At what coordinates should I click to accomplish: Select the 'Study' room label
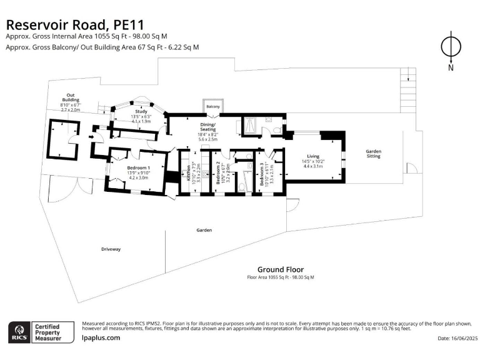pos(140,111)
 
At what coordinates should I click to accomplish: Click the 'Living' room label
pos(313,156)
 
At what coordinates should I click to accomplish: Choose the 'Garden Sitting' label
pos(374,154)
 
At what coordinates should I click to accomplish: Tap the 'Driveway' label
pos(111,249)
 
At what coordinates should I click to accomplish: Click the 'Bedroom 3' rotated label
pos(262,175)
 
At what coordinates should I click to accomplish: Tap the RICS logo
pos(18,332)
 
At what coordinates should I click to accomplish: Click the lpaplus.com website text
pos(101,337)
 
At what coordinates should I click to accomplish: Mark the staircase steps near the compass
pos(408,78)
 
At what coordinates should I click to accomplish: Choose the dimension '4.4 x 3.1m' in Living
pos(312,166)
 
